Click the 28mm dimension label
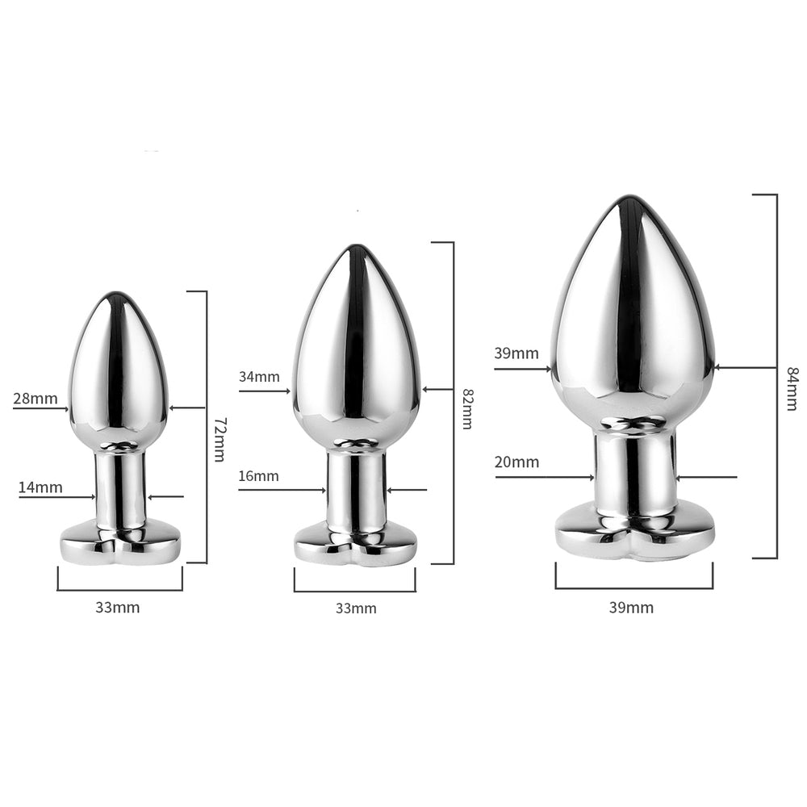click(x=36, y=398)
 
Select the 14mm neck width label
click(x=40, y=487)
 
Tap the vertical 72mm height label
click(x=219, y=440)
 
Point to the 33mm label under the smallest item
click(x=117, y=608)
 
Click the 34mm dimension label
click(x=259, y=377)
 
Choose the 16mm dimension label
click(x=259, y=476)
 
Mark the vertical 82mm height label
click(x=466, y=409)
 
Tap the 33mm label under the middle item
click(x=356, y=608)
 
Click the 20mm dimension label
click(x=517, y=462)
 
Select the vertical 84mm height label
click(x=792, y=388)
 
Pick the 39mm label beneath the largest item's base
click(x=631, y=608)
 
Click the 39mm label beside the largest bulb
click(x=516, y=353)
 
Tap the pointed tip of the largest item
click(x=631, y=199)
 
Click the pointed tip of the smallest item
click(x=118, y=295)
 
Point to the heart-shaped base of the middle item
click(x=355, y=544)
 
